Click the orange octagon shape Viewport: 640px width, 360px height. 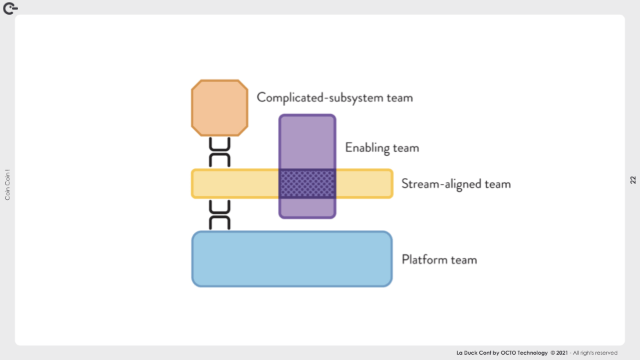[219, 107]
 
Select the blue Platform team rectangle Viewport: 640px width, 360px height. [291, 259]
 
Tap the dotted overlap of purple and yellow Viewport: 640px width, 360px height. [307, 183]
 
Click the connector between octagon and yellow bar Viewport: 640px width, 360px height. [219, 153]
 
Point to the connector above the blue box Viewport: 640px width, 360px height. [219, 214]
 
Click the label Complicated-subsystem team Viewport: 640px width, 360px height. [335, 97]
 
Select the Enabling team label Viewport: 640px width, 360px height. [381, 147]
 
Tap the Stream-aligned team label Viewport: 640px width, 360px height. [456, 183]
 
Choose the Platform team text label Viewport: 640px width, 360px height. [439, 259]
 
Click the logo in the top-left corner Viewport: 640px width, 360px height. [10, 9]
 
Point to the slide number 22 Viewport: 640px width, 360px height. [633, 180]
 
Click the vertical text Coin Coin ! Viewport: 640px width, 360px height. [7, 185]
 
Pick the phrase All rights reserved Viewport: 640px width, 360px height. [595, 353]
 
